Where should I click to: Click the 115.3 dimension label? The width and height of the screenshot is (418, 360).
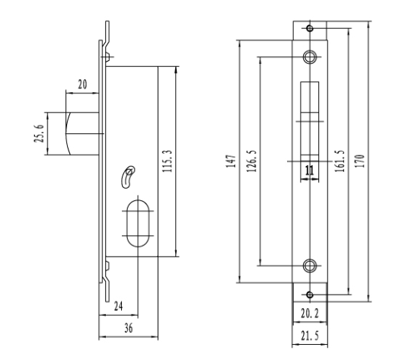[168, 161]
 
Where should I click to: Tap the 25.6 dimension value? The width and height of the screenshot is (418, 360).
[39, 133]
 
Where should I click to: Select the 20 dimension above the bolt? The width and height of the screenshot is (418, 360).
[82, 84]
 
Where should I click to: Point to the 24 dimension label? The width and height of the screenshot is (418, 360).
[118, 306]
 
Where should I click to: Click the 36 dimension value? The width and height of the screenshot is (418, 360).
[129, 328]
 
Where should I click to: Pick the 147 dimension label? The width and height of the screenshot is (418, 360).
[231, 161]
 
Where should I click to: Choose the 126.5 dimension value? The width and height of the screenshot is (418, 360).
[252, 161]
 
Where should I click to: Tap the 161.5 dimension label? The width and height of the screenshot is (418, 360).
[340, 161]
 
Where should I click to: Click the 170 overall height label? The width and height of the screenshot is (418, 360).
[359, 161]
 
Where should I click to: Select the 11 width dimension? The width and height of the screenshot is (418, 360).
[309, 170]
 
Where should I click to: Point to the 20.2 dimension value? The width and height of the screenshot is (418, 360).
[310, 314]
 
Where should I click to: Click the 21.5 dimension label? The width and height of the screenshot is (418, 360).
[310, 336]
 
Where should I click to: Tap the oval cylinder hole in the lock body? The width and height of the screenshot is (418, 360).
[138, 223]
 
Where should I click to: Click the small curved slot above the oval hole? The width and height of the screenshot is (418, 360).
[126, 177]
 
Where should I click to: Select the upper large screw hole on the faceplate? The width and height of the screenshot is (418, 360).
[310, 57]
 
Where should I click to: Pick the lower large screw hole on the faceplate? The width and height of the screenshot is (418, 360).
[310, 266]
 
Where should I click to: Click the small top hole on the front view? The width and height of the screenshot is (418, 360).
[310, 28]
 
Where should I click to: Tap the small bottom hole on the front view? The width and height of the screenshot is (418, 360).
[310, 295]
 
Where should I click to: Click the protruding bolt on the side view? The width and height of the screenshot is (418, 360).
[83, 133]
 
